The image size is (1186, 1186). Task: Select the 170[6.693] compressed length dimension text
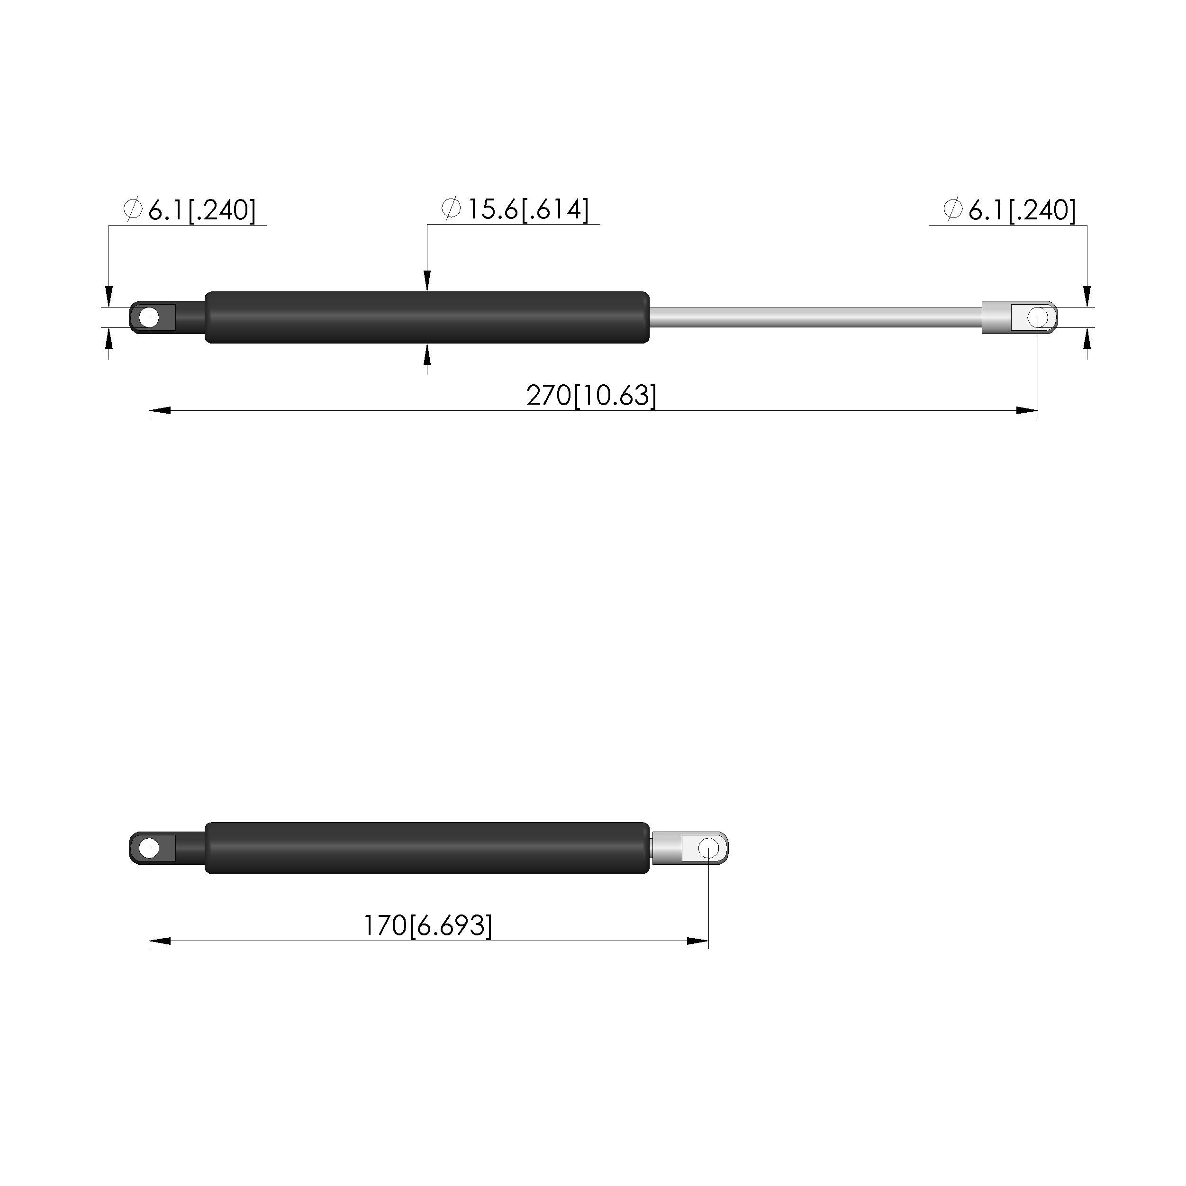coord(428,926)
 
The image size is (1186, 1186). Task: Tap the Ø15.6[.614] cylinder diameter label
coord(515,209)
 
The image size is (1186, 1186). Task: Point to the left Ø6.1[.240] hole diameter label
coord(190,210)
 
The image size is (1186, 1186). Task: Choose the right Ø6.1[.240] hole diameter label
coord(1010,210)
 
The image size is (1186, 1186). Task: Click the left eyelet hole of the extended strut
coord(149,318)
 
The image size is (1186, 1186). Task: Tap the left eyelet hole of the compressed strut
coord(149,848)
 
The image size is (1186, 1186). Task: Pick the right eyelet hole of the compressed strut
coord(708,848)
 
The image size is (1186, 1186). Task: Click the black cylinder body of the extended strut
coord(426,317)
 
